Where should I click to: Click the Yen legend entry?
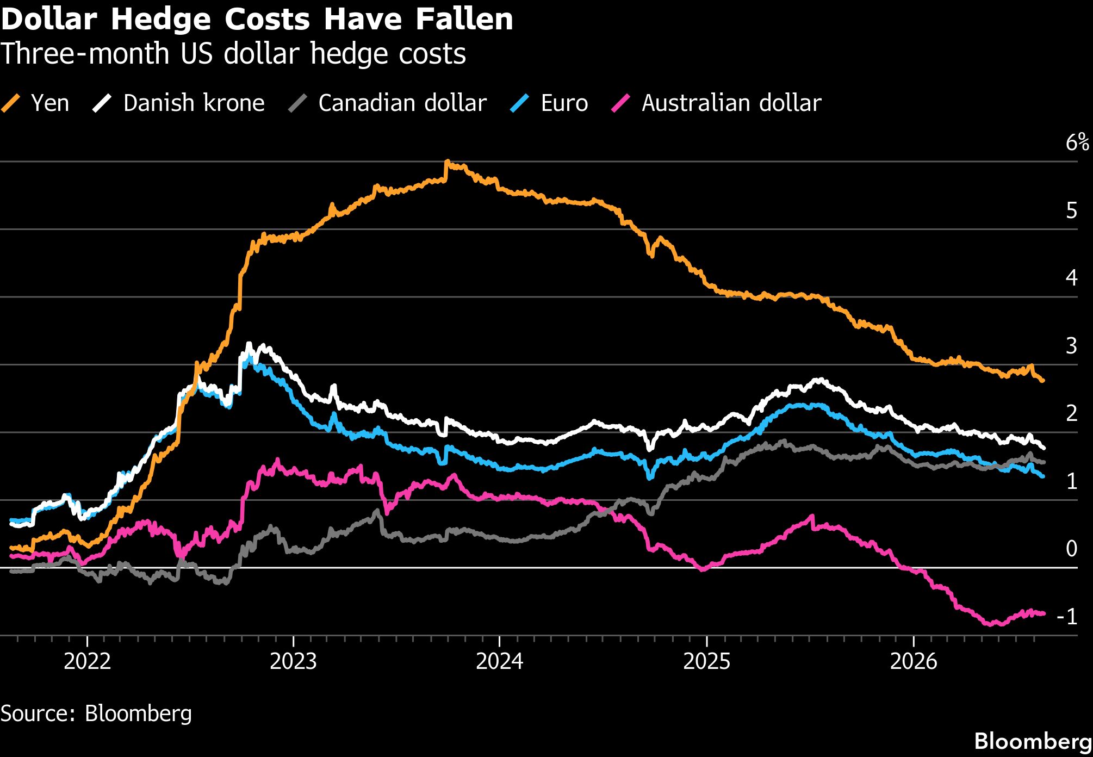pos(35,103)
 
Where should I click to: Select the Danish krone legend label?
pos(194,103)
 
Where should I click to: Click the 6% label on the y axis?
pos(1077,142)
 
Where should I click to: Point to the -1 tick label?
pos(1067,616)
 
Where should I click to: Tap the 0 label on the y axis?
pos(1071,549)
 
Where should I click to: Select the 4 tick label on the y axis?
pos(1071,278)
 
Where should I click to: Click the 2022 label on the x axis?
pos(87,661)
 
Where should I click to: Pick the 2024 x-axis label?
pos(500,661)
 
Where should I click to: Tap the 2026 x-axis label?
pos(914,661)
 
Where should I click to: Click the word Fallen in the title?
pos(465,20)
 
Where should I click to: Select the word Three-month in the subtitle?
pos(85,54)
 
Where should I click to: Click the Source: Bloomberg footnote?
pos(96,713)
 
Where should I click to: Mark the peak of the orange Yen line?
pos(446,162)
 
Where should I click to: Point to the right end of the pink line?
pos(1043,613)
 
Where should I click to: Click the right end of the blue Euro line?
pos(1042,476)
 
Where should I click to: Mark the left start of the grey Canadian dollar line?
pos(11,571)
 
